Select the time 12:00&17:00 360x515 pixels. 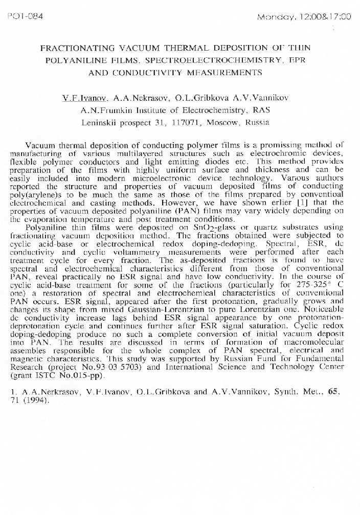325,17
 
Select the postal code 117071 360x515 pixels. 189,123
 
